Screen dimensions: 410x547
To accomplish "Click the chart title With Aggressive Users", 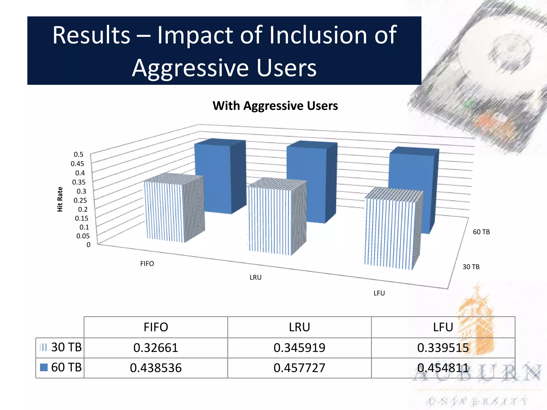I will point(275,106).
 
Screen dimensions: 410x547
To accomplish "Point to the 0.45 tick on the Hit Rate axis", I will point(77,164).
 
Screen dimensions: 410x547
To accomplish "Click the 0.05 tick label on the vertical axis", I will point(83,236).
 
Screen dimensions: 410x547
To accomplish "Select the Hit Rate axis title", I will point(60,199).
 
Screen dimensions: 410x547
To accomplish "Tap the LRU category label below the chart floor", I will point(255,277).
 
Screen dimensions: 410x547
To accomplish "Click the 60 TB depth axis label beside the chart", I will point(481,232).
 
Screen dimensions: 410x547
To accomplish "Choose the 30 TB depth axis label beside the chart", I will point(471,267).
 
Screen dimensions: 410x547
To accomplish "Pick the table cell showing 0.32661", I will point(156,348).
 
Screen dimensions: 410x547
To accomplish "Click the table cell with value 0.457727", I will point(299,368).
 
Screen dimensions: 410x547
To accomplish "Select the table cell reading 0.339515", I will point(443,348).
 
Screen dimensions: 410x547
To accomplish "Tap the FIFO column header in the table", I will point(156,327).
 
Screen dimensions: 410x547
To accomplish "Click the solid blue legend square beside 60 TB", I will point(44,368).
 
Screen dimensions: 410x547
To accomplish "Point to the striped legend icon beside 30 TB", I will point(43,347).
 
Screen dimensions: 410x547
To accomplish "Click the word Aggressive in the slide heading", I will point(191,68).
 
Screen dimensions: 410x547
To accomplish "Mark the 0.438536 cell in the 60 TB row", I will point(156,368).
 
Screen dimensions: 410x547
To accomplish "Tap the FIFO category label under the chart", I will point(147,264).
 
